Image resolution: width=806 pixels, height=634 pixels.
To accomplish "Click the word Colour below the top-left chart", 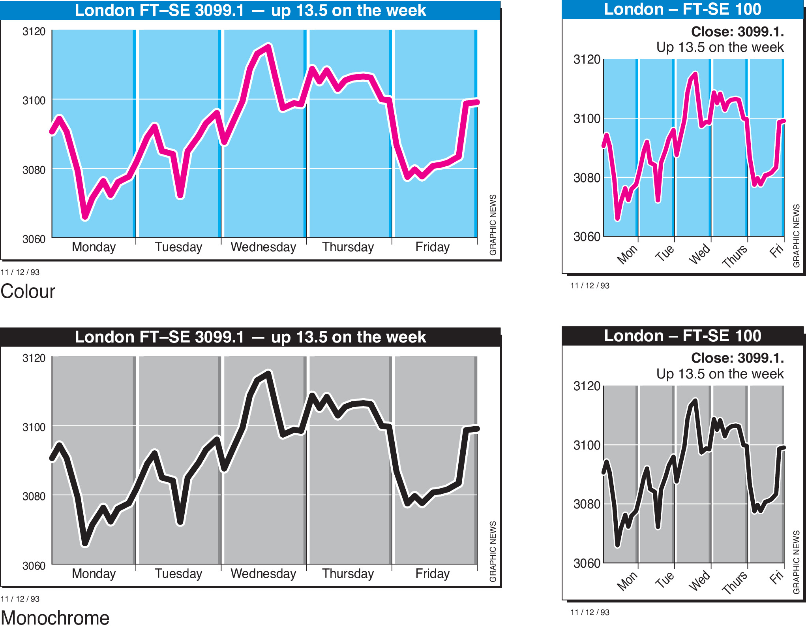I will point(28,292).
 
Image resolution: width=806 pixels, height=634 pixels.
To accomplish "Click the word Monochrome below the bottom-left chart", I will point(55,618).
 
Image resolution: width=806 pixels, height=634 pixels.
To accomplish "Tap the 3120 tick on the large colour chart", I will point(34,32).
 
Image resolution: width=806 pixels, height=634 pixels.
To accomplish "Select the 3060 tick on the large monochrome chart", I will point(34,566).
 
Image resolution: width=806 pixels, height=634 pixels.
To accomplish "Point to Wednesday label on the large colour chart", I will point(263,247).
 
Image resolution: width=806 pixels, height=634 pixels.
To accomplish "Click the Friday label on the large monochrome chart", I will point(433,574).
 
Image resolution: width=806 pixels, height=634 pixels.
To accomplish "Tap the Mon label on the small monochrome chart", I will point(627,581).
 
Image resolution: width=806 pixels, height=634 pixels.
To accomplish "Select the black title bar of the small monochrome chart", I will point(682,336).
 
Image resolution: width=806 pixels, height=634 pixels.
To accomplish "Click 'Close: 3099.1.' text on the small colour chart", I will point(737,32).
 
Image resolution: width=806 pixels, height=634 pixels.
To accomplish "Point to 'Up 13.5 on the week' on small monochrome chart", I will point(720,374).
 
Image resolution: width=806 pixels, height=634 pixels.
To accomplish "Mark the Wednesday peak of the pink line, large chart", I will point(268,47).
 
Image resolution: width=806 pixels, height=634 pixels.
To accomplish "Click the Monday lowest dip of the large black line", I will point(85,544).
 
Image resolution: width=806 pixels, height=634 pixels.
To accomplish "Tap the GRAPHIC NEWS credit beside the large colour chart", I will point(493,225).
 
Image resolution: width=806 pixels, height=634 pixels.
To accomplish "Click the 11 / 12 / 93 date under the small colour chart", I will point(590,286).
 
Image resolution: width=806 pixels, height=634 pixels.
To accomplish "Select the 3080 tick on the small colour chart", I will point(587,178).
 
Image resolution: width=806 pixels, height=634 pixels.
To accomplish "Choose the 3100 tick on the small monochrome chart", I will point(587,445).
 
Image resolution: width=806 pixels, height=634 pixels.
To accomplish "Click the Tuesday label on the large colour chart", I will point(178,247).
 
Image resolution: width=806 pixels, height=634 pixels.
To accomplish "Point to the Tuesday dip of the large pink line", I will point(180,196).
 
